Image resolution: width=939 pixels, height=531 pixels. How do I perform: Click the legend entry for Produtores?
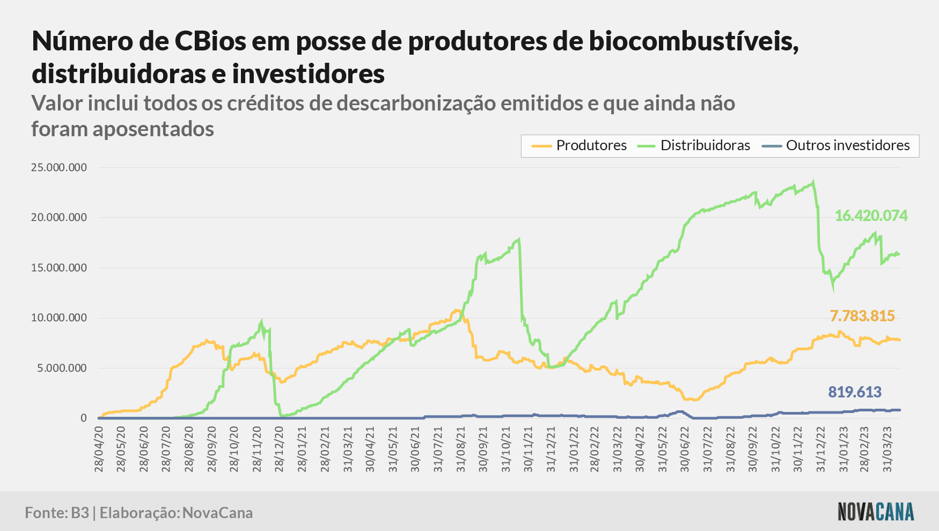click(579, 145)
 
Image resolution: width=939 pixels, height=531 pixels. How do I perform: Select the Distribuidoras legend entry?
click(693, 145)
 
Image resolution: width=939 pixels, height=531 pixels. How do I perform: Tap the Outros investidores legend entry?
click(835, 145)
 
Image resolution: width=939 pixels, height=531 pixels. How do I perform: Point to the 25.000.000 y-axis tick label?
click(59, 167)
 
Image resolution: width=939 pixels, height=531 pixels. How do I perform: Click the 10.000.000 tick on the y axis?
click(59, 318)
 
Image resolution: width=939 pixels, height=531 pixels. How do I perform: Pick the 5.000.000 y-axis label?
click(62, 368)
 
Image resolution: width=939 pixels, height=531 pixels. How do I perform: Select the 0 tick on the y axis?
click(84, 418)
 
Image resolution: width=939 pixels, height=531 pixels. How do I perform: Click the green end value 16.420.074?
click(871, 216)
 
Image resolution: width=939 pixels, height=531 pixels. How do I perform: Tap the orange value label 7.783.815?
click(862, 316)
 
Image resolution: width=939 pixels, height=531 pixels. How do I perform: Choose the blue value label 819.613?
click(855, 392)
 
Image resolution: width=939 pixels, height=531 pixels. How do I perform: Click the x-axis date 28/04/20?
click(99, 449)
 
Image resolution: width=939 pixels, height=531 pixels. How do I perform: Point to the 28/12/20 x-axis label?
click(279, 449)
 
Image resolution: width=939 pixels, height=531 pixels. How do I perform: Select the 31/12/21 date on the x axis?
click(551, 449)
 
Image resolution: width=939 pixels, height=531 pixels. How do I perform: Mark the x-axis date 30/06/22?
click(685, 449)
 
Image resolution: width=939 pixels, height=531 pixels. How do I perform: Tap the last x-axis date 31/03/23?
click(887, 449)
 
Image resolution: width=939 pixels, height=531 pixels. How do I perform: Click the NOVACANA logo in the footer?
click(876, 512)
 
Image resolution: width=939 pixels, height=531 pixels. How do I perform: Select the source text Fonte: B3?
click(57, 513)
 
